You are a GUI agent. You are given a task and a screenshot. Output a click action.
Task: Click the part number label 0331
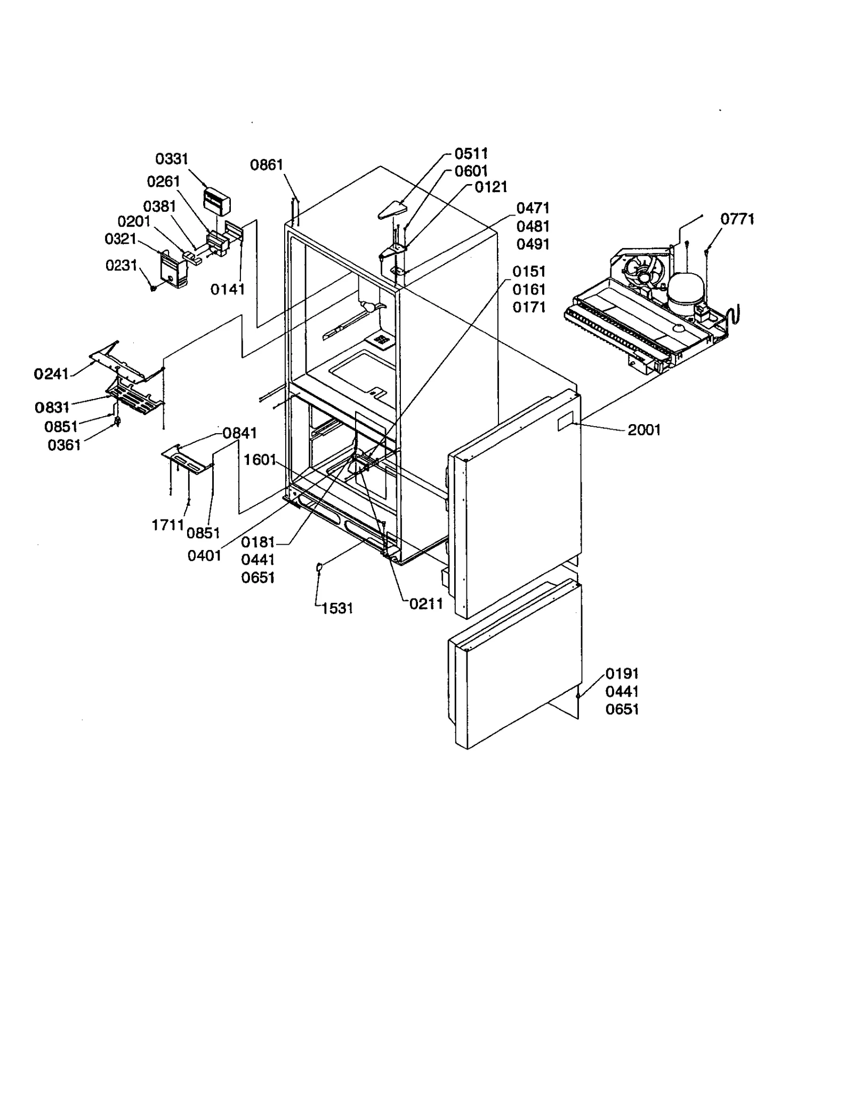coord(172,159)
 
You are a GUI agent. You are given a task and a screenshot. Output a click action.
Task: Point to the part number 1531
coord(337,608)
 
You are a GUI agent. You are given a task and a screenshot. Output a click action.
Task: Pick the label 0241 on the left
coord(51,374)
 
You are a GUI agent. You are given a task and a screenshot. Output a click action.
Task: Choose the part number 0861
coord(267,165)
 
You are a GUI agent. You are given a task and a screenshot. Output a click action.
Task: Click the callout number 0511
coord(471,154)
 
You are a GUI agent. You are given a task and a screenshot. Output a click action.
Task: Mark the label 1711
coord(168,525)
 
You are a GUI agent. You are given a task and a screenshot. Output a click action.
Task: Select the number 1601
coord(260,459)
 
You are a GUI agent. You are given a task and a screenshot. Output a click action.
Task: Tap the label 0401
coord(204,556)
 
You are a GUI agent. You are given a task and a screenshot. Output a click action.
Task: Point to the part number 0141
coord(228,289)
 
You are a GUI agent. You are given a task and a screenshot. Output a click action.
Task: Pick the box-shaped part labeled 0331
coord(217,201)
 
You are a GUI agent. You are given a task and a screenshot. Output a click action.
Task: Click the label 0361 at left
coord(64,445)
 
